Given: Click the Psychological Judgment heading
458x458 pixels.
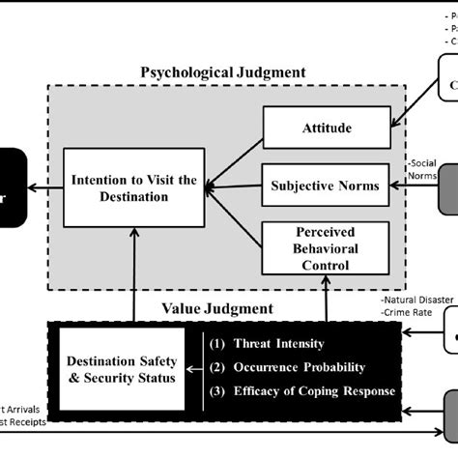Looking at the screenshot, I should coord(223,72).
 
